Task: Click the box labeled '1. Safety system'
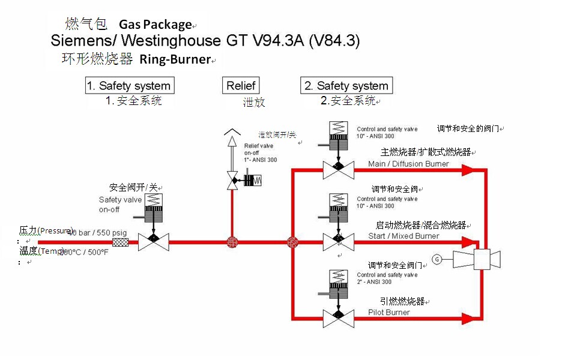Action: tap(129, 85)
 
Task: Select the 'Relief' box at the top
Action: tap(241, 85)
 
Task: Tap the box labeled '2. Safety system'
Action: tap(346, 85)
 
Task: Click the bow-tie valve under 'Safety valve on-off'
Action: tap(153, 242)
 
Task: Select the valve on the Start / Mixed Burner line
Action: tap(338, 242)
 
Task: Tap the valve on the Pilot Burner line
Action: tap(338, 318)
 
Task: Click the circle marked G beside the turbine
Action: tap(437, 259)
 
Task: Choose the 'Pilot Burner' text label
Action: tap(389, 312)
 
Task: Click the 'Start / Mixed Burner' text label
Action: tap(403, 236)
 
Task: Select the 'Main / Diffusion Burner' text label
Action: tap(408, 164)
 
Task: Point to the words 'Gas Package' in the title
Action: tap(155, 25)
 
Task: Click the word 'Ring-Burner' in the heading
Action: tap(175, 59)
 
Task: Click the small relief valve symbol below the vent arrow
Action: tap(232, 179)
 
